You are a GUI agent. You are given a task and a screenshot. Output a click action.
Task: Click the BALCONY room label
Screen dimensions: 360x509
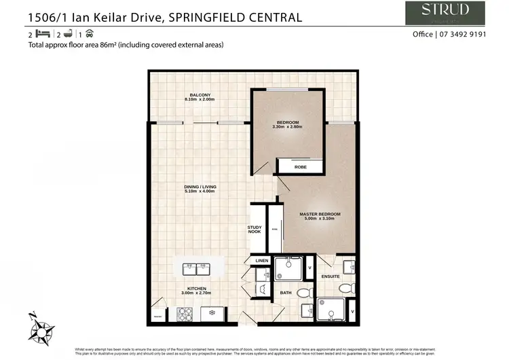pos(199,94)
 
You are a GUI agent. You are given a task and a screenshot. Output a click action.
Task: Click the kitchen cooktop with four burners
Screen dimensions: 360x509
pos(185,314)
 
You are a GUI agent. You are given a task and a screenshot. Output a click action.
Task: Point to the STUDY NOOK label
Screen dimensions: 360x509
pos(254,230)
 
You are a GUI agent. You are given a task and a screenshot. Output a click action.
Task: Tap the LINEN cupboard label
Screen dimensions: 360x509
pos(262,260)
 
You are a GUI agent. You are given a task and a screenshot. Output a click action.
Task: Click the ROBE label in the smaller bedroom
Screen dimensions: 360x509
pos(299,166)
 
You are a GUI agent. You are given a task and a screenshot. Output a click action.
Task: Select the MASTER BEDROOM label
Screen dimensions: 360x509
pos(320,214)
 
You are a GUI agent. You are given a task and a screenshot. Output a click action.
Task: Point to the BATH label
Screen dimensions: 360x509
pos(286,292)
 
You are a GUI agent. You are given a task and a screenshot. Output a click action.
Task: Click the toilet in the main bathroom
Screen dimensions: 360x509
pos(303,293)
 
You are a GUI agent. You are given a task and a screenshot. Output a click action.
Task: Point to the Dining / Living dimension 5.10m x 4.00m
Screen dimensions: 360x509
pos(199,192)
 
